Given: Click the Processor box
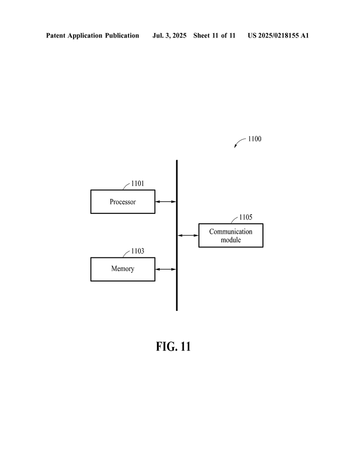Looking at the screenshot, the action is (x=123, y=202).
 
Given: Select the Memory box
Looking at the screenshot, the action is (x=123, y=269).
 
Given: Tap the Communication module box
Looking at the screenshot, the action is (x=231, y=235).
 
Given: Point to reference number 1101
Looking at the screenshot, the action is (x=138, y=184).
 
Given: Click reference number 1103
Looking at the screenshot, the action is (x=138, y=251).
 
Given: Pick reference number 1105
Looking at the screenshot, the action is (x=246, y=217).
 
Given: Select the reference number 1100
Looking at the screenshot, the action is (x=255, y=139).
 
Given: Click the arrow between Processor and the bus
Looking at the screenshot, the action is (x=165, y=202).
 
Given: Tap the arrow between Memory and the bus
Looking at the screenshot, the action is (x=165, y=269).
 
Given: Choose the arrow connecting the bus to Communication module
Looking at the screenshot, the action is (x=188, y=235).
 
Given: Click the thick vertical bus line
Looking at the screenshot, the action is (x=177, y=235).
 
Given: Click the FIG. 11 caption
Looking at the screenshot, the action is (x=173, y=347).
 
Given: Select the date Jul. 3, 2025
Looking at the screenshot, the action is (x=169, y=35).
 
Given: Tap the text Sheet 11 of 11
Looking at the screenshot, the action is (x=214, y=35).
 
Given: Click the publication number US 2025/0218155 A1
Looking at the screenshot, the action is (x=278, y=35).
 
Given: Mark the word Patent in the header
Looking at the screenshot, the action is (x=56, y=35).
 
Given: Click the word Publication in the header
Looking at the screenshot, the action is (x=122, y=35).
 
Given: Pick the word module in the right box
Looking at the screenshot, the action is (x=231, y=240).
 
